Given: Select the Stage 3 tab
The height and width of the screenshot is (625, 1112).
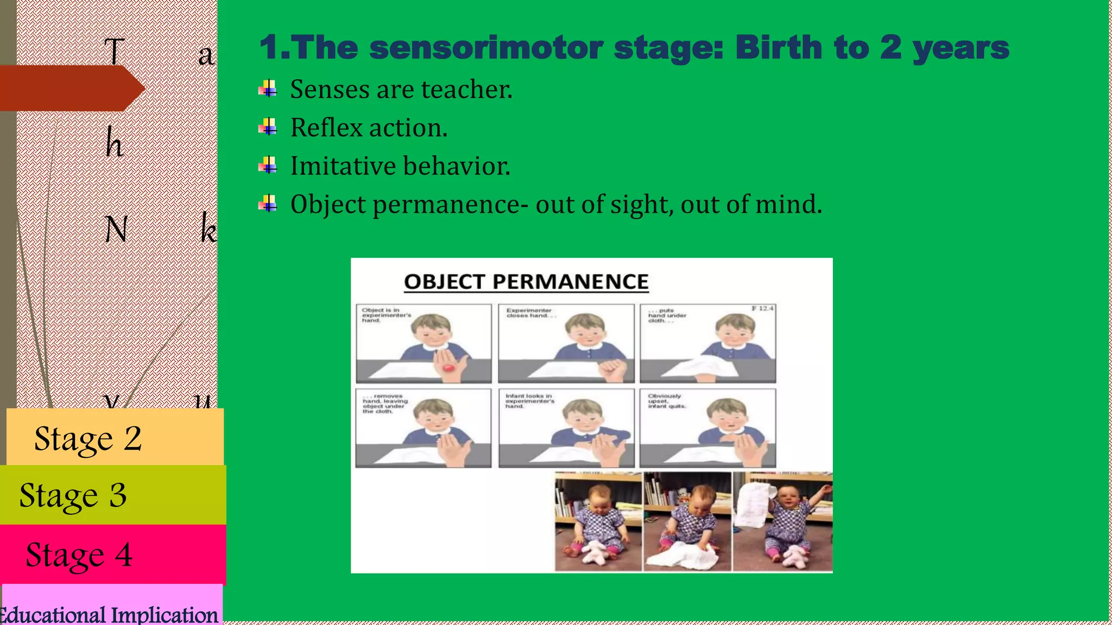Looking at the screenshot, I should tap(113, 495).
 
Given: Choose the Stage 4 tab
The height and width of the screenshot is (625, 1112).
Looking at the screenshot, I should tap(113, 554).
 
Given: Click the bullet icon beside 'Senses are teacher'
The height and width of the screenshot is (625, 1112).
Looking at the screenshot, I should tap(268, 88).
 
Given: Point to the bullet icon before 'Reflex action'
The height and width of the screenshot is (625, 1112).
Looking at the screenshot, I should tap(268, 127).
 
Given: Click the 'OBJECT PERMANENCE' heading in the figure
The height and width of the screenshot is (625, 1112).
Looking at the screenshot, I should tap(526, 282).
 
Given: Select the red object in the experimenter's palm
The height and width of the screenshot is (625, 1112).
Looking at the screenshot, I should tap(448, 368).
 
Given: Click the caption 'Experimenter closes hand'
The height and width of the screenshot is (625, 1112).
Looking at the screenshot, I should tap(530, 313).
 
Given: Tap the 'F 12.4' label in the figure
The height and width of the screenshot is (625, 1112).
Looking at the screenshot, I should tap(762, 308).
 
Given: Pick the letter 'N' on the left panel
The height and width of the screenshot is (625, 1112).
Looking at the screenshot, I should tap(116, 229).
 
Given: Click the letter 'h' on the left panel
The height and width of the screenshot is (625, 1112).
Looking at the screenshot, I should tap(114, 143).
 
